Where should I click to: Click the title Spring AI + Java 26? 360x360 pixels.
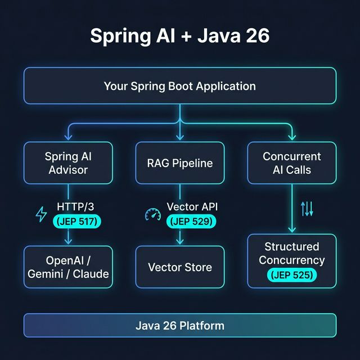tap(179, 35)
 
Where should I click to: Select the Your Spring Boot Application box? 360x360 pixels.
tap(179, 86)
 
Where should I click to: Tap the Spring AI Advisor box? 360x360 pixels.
tap(68, 163)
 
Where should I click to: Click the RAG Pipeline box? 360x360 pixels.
tap(179, 163)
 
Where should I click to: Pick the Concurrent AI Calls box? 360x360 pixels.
tap(292, 163)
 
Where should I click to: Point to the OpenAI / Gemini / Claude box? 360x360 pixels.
tap(68, 267)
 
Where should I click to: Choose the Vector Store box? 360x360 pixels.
tap(179, 267)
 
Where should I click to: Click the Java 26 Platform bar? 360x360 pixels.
tap(179, 325)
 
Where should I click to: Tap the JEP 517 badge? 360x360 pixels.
tap(76, 222)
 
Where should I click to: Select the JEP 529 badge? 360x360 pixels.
tap(191, 222)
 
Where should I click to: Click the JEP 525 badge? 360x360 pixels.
tap(292, 275)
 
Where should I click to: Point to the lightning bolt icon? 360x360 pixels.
tap(41, 214)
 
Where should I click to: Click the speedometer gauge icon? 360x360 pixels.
tap(152, 214)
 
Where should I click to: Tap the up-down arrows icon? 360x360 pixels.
tap(307, 209)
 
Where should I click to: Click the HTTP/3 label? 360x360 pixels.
tap(76, 207)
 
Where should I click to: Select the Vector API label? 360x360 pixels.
tap(192, 207)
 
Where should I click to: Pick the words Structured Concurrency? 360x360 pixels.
tap(292, 253)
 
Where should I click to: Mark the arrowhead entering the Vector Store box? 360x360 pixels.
tap(179, 242)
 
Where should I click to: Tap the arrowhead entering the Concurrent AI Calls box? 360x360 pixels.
tap(292, 137)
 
